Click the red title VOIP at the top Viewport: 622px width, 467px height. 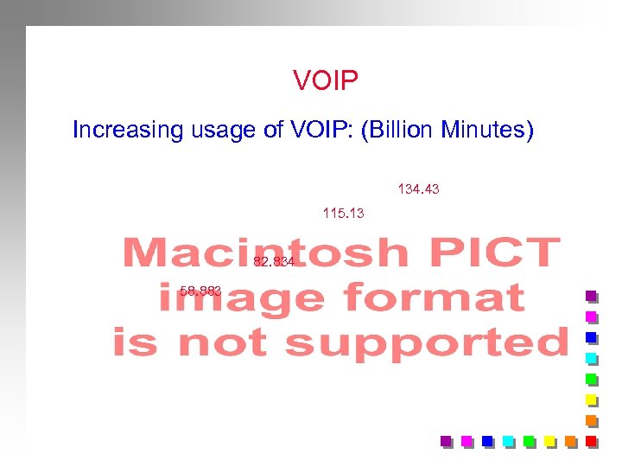click(325, 81)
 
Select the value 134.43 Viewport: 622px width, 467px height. click(418, 188)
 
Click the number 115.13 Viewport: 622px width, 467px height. click(343, 213)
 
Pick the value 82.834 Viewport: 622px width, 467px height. click(275, 262)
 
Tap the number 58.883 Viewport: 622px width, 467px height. click(201, 291)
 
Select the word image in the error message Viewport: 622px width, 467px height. click(240, 298)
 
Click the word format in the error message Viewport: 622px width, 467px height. click(434, 298)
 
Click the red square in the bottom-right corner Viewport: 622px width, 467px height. click(591, 441)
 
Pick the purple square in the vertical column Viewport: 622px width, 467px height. click(591, 297)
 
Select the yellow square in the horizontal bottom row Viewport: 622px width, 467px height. click(549, 441)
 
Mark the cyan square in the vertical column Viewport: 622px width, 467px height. click(591, 358)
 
